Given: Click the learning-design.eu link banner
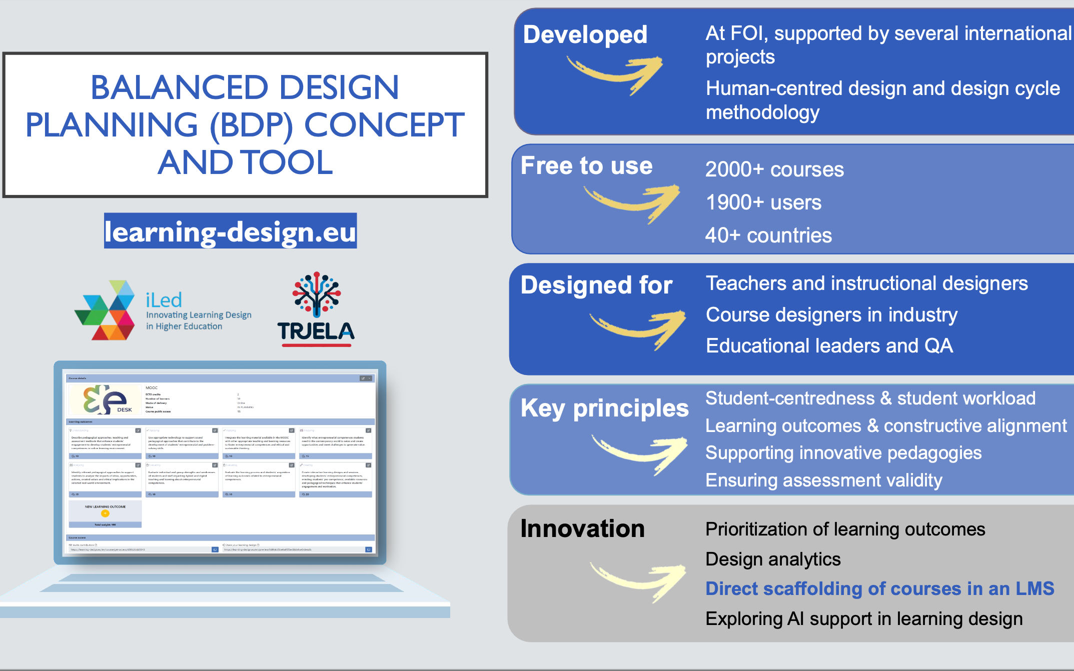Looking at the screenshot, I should pos(230,231).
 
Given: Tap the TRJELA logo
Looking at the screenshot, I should pos(316,310).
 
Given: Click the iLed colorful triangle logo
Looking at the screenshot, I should pos(106,311).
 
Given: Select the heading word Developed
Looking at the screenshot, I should pos(585,34).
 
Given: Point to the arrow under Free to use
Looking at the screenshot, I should pos(632,202).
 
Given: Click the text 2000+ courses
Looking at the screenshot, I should pos(774,169).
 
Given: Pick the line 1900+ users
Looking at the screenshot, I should pos(763,202).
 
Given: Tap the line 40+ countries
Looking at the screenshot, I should pos(768,235).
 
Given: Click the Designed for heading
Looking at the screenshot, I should pos(596,285).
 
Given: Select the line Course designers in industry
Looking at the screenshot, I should pos(831,314).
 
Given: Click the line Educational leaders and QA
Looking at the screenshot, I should pos(829,345).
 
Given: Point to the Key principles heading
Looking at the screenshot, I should pos(604,408).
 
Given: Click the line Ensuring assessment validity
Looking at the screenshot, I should pos(823,480).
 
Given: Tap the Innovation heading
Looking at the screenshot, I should pos(582,528).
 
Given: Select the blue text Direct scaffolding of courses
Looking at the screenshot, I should pos(879,588).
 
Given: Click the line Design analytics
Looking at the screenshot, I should pos(772,559).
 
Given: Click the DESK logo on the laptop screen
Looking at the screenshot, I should pos(105,399).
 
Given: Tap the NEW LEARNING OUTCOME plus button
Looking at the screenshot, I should pos(105,513).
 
